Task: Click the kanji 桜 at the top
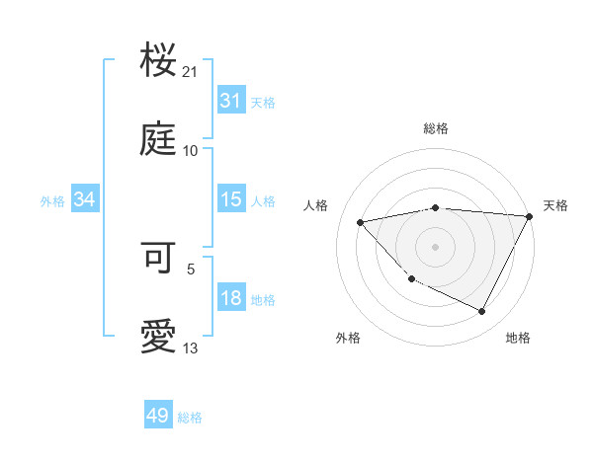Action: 159,62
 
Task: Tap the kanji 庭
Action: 159,141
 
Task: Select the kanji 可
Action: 159,259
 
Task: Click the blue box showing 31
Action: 230,101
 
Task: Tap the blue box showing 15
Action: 230,199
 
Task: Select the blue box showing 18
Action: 230,298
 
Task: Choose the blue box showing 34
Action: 85,199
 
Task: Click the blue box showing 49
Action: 158,416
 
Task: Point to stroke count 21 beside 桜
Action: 191,72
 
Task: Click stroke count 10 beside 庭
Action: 191,151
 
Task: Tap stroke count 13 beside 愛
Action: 191,348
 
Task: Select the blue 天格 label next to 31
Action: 263,102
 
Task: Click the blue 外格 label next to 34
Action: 52,200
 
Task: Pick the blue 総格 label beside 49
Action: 190,418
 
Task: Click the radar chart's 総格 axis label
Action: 435,128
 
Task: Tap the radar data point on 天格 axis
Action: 530,216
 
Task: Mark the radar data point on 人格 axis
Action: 361,221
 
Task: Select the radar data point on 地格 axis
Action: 482,312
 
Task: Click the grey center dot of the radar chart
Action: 435,247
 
